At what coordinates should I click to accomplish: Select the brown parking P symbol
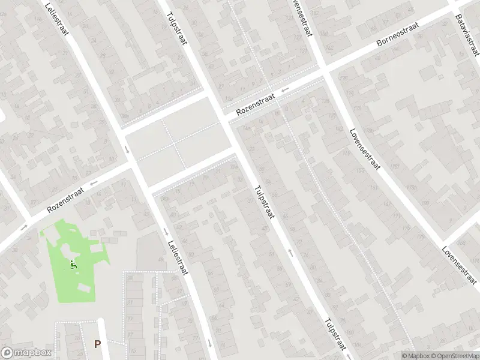pos(97,344)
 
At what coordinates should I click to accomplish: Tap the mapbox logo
pos(26,353)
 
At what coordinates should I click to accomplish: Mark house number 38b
pos(124,116)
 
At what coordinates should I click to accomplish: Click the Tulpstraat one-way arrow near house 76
pos(290,253)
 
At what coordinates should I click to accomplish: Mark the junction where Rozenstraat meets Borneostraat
pos(325,71)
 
